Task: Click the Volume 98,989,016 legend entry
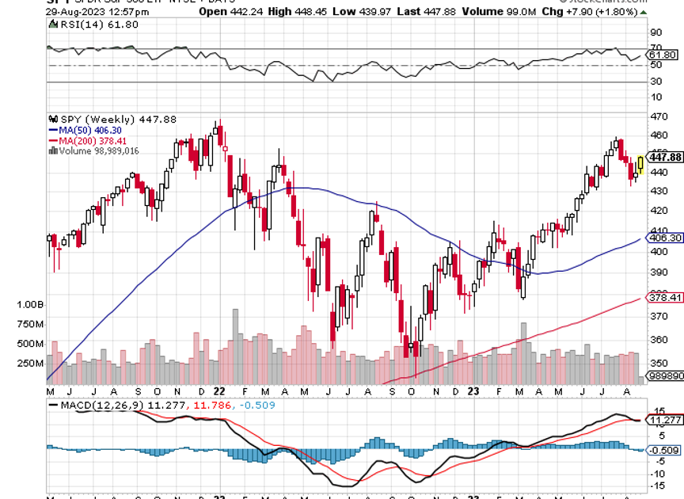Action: [94, 150]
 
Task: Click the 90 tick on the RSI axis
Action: [655, 32]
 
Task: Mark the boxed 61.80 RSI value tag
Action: [663, 55]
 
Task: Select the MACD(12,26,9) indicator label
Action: [92, 405]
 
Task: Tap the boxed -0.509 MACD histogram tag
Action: [663, 450]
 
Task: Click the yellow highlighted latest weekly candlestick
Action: [640, 165]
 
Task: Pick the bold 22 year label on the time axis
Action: [219, 391]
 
